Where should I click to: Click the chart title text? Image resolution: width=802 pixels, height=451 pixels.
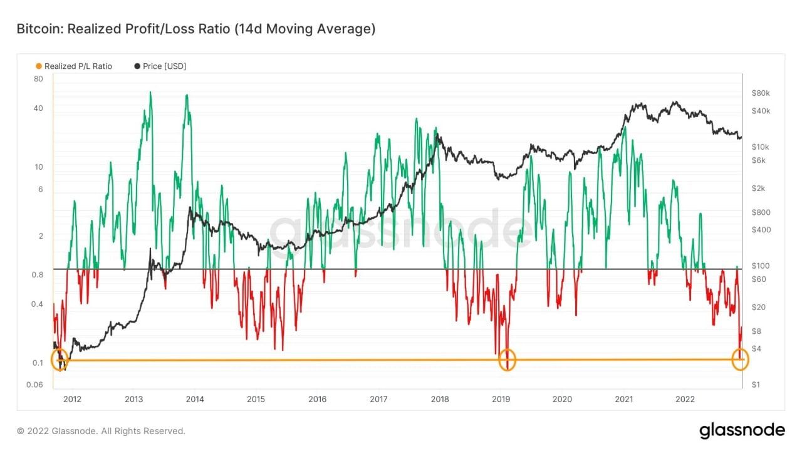[195, 29]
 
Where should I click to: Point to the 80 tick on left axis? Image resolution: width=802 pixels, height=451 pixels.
[38, 79]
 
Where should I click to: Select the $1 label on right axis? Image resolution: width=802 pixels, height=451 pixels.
[756, 385]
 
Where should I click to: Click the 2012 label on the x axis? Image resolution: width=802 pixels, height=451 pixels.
[72, 399]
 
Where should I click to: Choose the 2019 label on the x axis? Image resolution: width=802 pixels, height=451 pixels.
[501, 399]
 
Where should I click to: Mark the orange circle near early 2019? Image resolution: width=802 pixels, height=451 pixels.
[508, 360]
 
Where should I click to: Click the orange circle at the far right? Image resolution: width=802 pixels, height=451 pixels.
[741, 360]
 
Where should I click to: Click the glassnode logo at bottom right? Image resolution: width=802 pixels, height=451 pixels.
[742, 430]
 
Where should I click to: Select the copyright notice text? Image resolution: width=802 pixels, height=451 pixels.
[101, 431]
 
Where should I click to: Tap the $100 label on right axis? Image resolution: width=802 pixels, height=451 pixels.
[761, 266]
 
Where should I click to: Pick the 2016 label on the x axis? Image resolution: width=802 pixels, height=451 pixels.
[317, 399]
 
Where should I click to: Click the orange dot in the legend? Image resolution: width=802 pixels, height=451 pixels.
[39, 66]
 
